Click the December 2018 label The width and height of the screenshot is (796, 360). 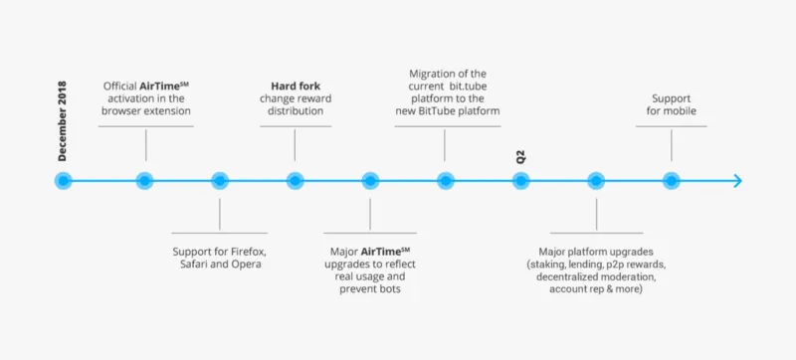pos(62,121)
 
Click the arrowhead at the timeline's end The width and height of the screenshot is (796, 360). pos(738,181)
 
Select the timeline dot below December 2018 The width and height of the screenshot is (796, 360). pos(63,181)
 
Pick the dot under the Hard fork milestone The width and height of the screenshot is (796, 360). pos(295,181)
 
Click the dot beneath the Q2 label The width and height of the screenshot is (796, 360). pos(520,181)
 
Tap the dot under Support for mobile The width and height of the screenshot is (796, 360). pos(671,181)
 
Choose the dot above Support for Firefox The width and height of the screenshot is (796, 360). pos(220,181)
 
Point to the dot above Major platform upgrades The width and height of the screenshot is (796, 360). pos(596,181)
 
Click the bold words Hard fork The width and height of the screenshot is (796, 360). pos(296,87)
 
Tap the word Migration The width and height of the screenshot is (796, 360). pos(431,74)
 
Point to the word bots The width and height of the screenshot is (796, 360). pos(390,289)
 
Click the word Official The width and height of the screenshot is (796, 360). pos(120,87)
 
